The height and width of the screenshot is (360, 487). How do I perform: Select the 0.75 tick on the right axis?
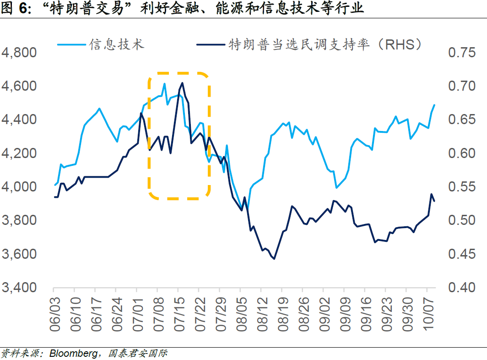click(x=462, y=53)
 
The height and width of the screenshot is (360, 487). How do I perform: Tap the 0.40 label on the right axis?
click(x=462, y=288)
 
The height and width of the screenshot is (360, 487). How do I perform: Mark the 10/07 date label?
click(x=427, y=312)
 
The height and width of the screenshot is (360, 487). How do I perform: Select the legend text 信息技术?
click(x=116, y=44)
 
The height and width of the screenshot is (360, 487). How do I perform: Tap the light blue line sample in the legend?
click(x=71, y=44)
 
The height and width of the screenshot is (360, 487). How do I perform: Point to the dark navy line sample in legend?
click(x=211, y=44)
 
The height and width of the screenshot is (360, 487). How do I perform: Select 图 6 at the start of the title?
click(x=14, y=8)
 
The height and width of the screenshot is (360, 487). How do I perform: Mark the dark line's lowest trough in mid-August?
click(x=274, y=259)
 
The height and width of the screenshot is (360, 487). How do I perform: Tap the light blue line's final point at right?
click(x=434, y=105)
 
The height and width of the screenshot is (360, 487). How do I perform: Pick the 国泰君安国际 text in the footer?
click(x=137, y=354)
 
